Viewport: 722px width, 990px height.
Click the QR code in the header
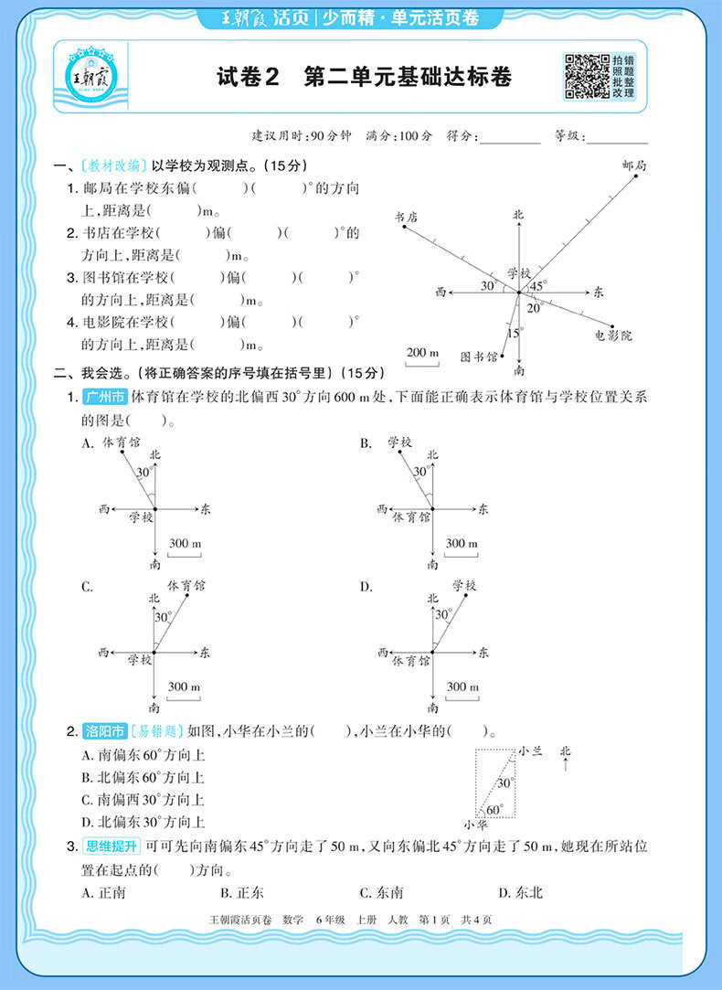(585, 76)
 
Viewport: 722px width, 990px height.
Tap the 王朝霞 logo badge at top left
(91, 77)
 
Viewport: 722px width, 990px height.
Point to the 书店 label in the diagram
(406, 218)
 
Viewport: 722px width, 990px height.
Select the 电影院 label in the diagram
(613, 335)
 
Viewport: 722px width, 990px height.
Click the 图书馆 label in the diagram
(479, 356)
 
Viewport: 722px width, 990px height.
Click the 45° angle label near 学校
(539, 285)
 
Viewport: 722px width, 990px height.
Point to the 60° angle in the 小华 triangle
(494, 809)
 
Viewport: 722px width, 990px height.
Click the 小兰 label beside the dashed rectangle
(531, 750)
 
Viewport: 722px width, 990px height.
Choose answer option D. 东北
(520, 892)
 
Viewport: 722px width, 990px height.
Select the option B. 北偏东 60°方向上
(143, 778)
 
